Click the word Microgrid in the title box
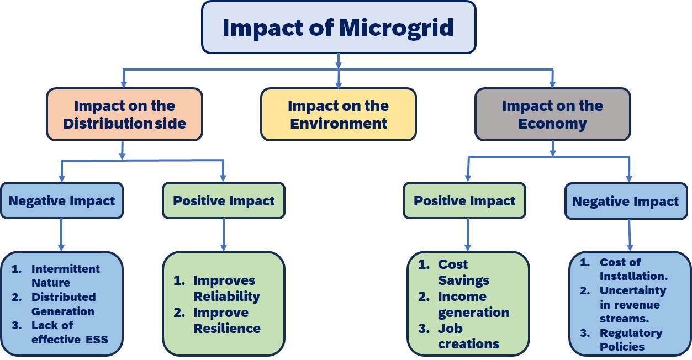point(397,28)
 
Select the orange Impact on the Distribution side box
point(124,114)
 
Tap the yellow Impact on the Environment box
point(339,114)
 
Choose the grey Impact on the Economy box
point(553,114)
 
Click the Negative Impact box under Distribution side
point(62,200)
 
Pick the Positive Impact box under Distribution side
point(224,200)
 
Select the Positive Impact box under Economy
point(464,200)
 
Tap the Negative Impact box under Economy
point(626,202)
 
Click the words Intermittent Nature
point(66,276)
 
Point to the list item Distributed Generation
point(64,304)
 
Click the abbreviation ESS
point(97,340)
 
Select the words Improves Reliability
point(227,288)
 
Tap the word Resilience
point(227,329)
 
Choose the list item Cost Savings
point(464,272)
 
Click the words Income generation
point(474,304)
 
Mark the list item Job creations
point(469,336)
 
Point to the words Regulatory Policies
point(631,340)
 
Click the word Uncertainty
point(633,290)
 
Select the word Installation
point(633,276)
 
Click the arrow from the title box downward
point(339,61)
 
